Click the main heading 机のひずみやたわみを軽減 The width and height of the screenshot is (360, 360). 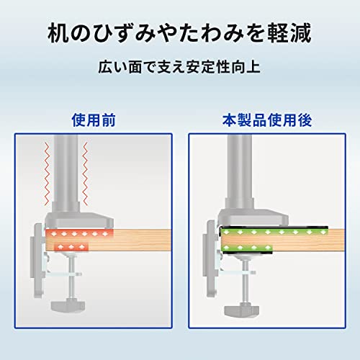(x=179, y=33)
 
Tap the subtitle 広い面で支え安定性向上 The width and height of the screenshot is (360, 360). (x=179, y=67)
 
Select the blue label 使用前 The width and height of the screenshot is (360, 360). (x=94, y=120)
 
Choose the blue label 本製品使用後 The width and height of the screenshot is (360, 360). (x=267, y=120)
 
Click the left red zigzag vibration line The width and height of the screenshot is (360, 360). (x=48, y=174)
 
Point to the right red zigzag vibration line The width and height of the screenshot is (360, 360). (x=85, y=174)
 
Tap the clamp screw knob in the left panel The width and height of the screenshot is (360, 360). (x=68, y=306)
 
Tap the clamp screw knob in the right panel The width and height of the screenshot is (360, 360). (x=242, y=310)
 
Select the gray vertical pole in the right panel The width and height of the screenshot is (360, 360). (x=240, y=167)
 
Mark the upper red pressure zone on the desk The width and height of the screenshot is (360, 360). (x=79, y=234)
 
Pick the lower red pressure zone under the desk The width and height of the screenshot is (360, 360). (x=71, y=247)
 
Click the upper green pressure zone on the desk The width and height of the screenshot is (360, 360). (x=274, y=233)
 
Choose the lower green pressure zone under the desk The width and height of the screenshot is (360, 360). (x=247, y=248)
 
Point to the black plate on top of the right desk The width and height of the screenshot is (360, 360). (x=274, y=227)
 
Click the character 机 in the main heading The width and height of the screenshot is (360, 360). (x=58, y=33)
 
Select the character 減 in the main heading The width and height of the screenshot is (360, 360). (x=301, y=33)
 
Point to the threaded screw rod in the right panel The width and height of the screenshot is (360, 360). (x=245, y=282)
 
